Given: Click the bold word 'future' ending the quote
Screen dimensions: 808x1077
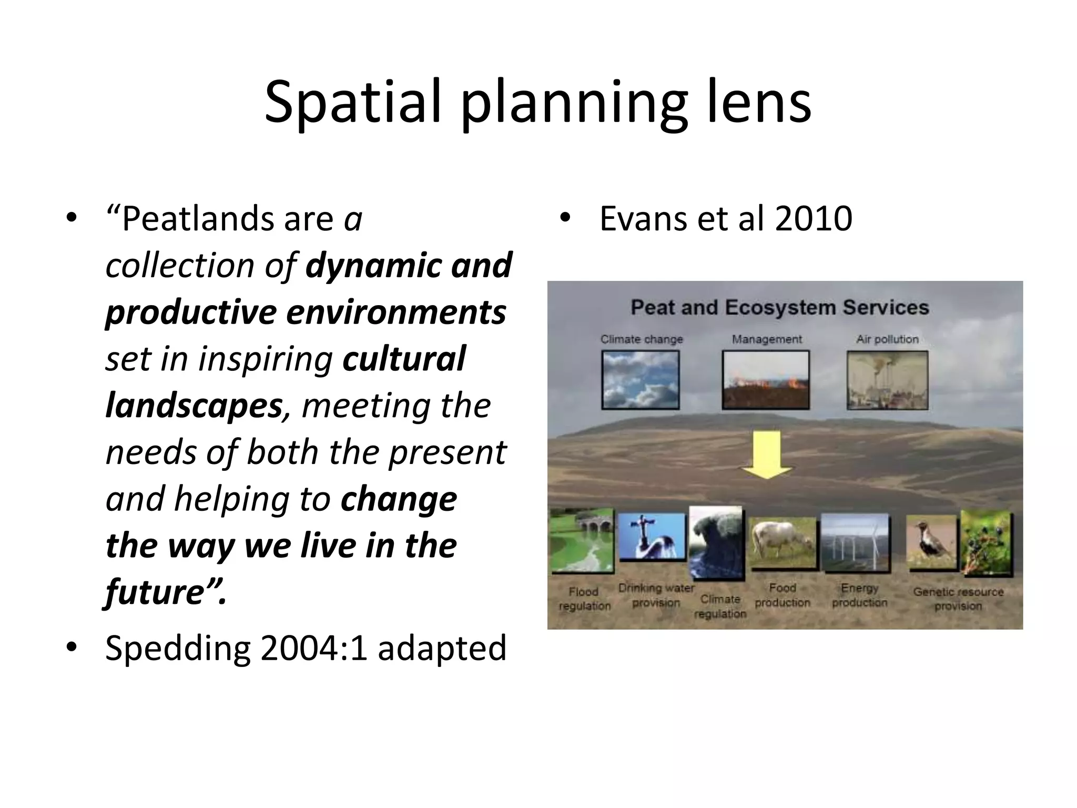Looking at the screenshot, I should [155, 592].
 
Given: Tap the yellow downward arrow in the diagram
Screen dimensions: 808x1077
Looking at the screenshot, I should [766, 455].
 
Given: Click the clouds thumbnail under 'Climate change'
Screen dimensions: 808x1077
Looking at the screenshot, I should [640, 380].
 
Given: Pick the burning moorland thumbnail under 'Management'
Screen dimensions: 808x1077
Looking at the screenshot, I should [766, 380].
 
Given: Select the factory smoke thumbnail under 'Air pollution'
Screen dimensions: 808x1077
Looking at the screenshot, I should [887, 380].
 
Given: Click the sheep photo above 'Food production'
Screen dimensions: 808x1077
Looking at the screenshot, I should [782, 543].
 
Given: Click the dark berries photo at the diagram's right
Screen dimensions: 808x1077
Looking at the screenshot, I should [987, 542].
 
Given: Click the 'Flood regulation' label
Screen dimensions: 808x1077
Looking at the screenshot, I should [584, 599].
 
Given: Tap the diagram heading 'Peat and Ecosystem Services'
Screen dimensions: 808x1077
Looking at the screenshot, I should [780, 308].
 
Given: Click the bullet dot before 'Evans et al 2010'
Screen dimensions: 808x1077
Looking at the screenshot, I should [565, 218].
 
